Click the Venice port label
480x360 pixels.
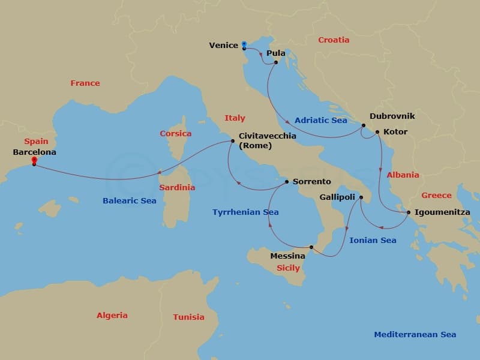(x=223, y=46)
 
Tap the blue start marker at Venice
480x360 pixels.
(x=244, y=44)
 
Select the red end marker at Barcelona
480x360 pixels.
(x=34, y=160)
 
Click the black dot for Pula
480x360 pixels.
(x=275, y=62)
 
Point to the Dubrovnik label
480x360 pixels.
(x=392, y=116)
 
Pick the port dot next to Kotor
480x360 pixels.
(x=377, y=132)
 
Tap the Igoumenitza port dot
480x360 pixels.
(x=409, y=212)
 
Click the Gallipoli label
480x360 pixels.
(x=338, y=197)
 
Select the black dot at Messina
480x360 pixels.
(x=311, y=247)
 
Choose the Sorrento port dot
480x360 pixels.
(x=287, y=181)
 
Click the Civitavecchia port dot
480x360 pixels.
(x=232, y=141)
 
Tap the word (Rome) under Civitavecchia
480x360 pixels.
(x=255, y=146)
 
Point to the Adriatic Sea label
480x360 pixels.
(x=321, y=120)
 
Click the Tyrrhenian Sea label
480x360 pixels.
(x=245, y=212)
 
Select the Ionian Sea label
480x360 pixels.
(x=373, y=240)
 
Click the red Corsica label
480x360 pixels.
(x=175, y=133)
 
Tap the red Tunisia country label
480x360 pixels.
(x=188, y=317)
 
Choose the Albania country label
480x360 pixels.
(x=403, y=175)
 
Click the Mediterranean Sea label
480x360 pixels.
(x=415, y=334)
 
